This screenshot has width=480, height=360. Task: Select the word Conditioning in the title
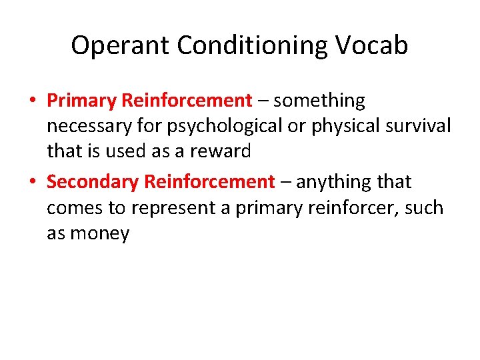click(253, 45)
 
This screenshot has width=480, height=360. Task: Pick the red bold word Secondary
click(93, 181)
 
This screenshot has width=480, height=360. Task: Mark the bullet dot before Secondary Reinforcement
click(32, 182)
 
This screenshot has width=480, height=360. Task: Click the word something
click(319, 101)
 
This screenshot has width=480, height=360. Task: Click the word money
click(99, 233)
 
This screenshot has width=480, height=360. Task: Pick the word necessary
click(87, 126)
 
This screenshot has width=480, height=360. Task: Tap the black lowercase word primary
click(269, 207)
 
